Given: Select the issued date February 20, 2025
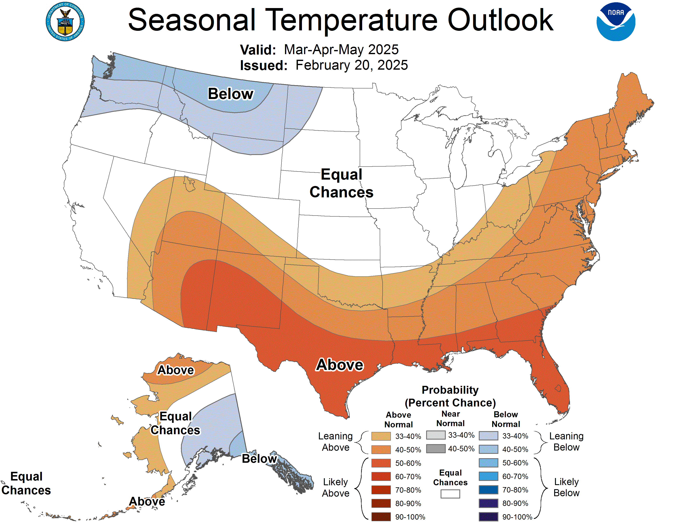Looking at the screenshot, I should (351, 65).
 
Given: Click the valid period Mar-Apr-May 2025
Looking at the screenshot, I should (341, 50).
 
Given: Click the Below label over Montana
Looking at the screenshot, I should (231, 94).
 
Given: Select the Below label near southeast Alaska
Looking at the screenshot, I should (259, 459).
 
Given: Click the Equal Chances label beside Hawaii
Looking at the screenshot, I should (26, 483).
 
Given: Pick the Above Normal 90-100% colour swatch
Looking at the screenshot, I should (381, 517).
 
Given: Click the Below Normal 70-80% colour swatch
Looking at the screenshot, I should (488, 490).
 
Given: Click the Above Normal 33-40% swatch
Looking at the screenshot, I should (381, 436).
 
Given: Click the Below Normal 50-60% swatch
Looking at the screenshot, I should (488, 463).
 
